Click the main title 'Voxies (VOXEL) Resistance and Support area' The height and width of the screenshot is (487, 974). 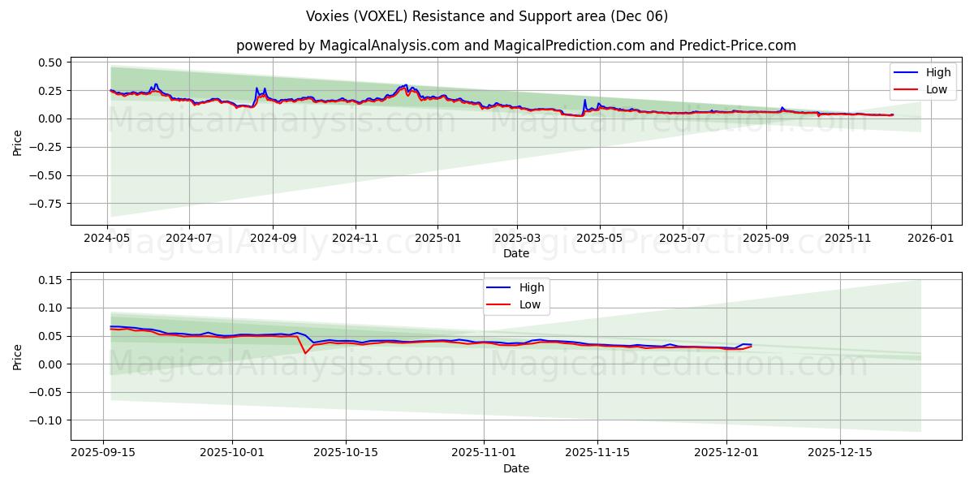coord(487,16)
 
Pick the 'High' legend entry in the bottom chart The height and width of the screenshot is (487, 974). coord(532,288)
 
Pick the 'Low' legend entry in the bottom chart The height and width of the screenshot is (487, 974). coord(530,304)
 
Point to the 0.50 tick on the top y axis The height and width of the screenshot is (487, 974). coord(50,62)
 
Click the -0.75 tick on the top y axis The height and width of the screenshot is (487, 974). coord(46,204)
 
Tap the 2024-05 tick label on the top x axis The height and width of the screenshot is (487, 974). coord(107,239)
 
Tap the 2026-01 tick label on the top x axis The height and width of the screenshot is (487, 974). coord(930,239)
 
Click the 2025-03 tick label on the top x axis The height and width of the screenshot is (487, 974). coord(517,239)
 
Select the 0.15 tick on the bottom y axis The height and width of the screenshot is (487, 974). coord(50,280)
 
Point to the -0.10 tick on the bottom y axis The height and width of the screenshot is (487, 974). coord(46,420)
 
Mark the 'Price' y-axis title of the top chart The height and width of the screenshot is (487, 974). coord(18,142)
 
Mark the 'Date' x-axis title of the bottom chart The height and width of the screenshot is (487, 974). coord(516,468)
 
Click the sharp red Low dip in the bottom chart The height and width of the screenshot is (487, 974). coord(305,353)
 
